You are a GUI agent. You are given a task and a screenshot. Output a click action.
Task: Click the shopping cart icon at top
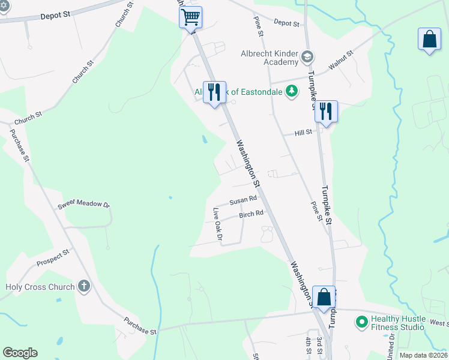pos(191,17)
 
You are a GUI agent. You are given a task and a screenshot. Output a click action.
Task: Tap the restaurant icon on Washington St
pos(214,92)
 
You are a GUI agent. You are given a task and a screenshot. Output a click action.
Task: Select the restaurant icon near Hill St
pos(326,111)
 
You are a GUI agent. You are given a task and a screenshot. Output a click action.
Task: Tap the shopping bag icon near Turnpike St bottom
pos(324,297)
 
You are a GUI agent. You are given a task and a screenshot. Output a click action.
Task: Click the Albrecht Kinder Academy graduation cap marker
pos(307,56)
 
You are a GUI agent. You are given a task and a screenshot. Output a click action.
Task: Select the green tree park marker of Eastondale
pos(292,91)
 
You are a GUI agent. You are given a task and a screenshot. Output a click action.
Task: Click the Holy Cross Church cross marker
pos(84,286)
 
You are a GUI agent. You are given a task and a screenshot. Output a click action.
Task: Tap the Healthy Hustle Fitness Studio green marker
pos(361,322)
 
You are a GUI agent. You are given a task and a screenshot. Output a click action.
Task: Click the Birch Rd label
pos(251,214)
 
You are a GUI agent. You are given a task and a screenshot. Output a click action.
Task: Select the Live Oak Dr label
pos(217,226)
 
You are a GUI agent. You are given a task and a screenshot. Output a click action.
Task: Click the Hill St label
pos(304,132)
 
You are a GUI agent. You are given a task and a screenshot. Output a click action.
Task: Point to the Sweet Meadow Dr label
pos(84,205)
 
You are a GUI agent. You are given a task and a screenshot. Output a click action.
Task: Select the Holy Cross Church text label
pos(40,287)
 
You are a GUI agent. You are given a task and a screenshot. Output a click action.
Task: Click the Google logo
pos(20,353)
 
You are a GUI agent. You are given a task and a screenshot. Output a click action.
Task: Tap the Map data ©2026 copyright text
pos(423,355)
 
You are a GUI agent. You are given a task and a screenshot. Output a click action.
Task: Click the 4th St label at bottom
pos(307,347)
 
